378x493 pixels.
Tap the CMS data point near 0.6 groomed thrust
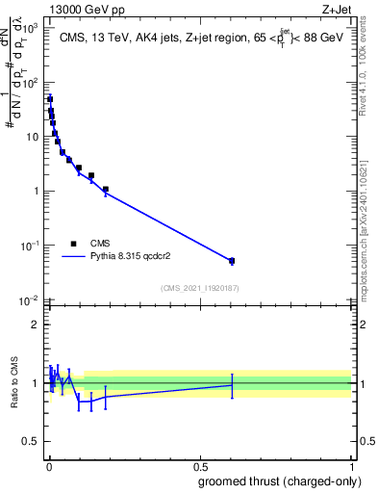232,261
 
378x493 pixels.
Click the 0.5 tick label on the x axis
200,466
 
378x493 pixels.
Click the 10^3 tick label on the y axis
29,29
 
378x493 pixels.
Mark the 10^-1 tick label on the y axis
29,246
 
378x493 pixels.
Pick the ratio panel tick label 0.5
31,444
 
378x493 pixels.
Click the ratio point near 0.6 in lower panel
232,385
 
